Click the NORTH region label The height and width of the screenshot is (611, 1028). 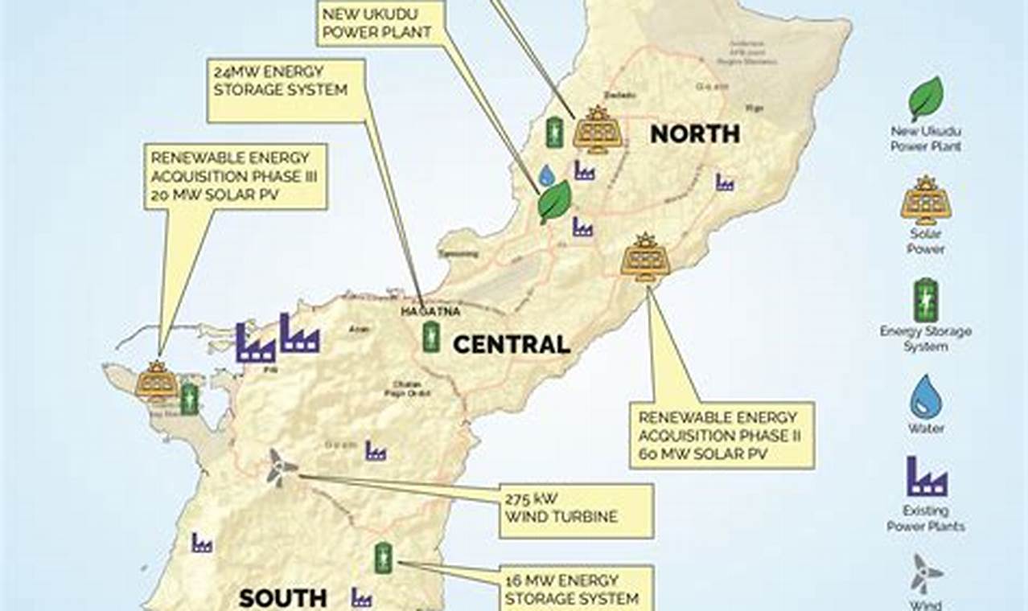[x=695, y=133]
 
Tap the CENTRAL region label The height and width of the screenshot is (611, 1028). [x=512, y=345]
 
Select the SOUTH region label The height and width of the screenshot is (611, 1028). [x=283, y=597]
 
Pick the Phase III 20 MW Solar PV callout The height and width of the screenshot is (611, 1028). [x=236, y=176]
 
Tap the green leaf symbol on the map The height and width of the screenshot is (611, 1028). [x=553, y=201]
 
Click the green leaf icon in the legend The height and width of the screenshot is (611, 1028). [x=926, y=98]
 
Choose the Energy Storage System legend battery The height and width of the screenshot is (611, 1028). [x=926, y=300]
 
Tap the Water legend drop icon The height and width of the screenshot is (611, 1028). [x=926, y=396]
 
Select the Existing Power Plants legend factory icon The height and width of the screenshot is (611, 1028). [x=926, y=476]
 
